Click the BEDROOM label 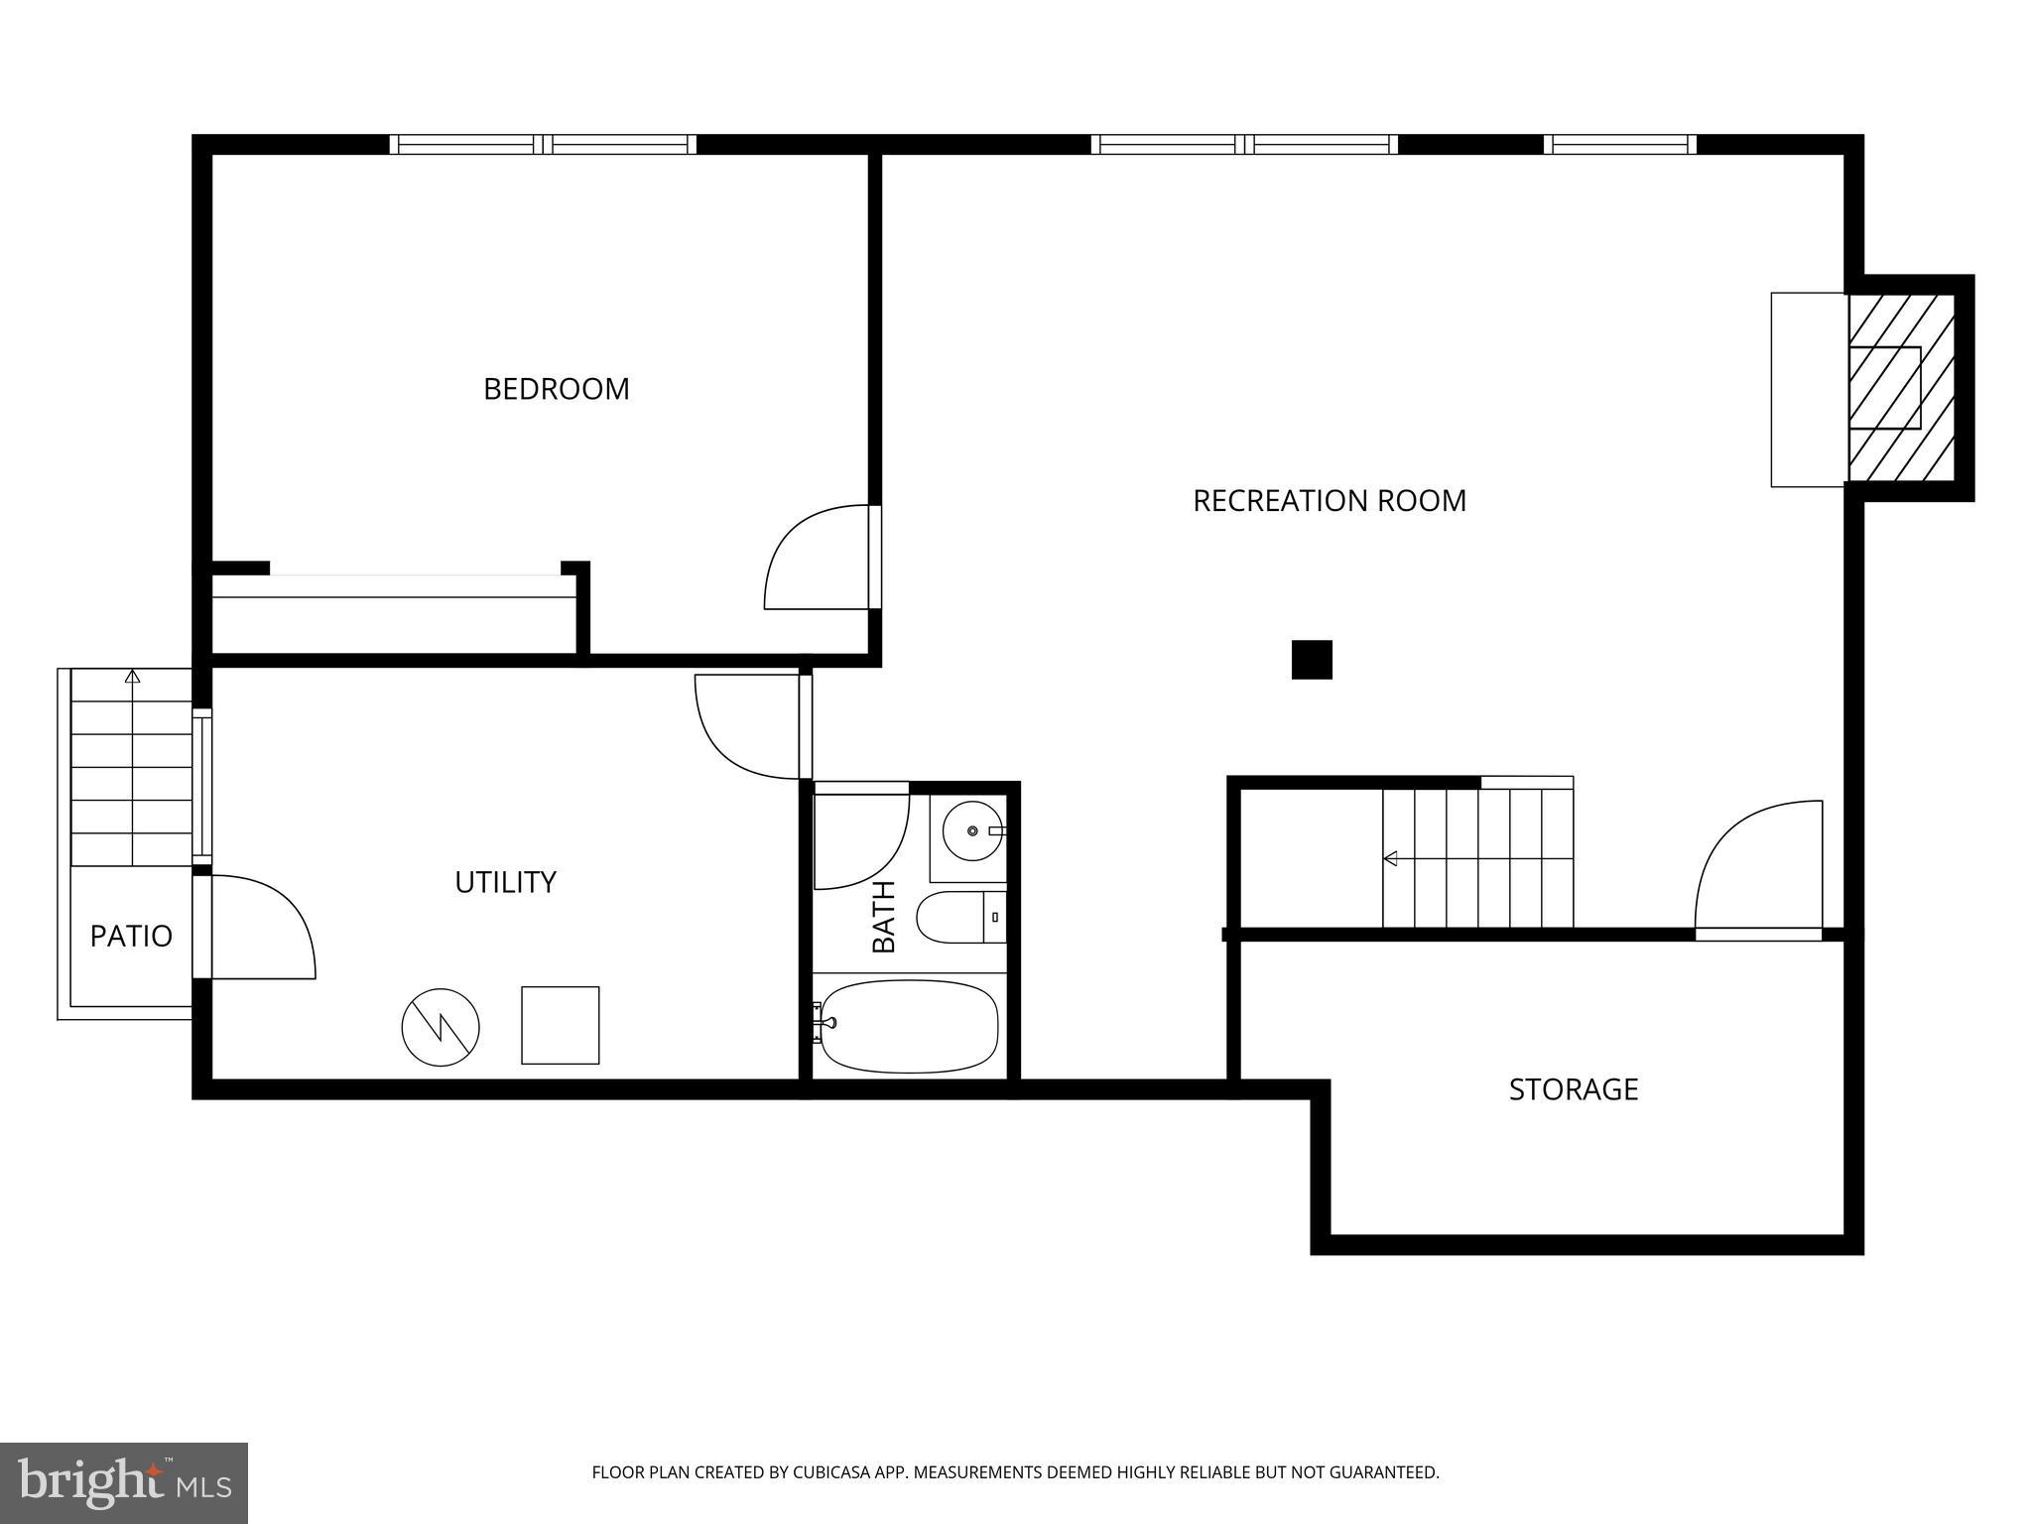tap(556, 389)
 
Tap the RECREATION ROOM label tap(1329, 501)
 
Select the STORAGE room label tap(1573, 1089)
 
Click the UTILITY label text tap(505, 882)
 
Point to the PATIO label tap(131, 936)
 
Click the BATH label tap(883, 916)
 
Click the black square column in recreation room tap(1311, 660)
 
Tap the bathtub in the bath tap(908, 1026)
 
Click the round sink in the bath tap(972, 829)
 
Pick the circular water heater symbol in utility tap(441, 1027)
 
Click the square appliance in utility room tap(560, 1025)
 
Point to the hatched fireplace tap(1899, 388)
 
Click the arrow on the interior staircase tap(1390, 858)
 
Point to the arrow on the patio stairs tap(133, 678)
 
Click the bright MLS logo tap(124, 1483)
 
